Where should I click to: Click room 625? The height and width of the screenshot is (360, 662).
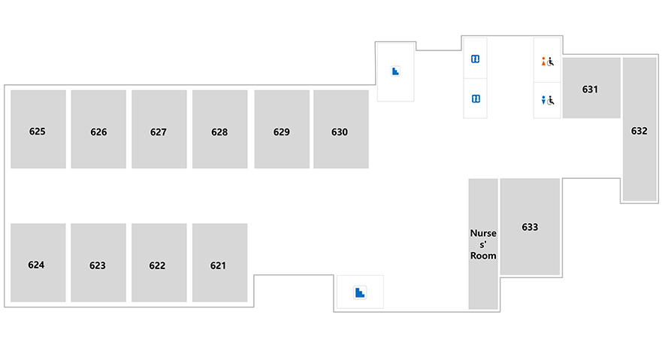click(38, 129)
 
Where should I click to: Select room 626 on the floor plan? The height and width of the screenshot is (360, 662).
click(98, 129)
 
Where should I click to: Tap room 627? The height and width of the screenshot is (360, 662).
click(159, 129)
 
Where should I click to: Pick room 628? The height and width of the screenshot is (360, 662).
click(220, 129)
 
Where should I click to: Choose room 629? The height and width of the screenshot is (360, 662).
click(282, 129)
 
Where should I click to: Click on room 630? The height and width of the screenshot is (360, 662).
click(341, 129)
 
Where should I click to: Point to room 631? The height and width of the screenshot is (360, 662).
click(591, 88)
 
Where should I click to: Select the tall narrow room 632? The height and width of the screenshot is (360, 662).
click(639, 129)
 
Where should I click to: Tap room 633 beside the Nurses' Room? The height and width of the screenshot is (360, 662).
click(531, 227)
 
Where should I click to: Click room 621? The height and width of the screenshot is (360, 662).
click(220, 263)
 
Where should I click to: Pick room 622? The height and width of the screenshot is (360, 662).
click(159, 263)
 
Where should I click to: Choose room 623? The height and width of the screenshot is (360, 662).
click(98, 263)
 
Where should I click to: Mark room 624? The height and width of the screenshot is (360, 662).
click(38, 263)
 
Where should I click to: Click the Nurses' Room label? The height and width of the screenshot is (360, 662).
click(483, 244)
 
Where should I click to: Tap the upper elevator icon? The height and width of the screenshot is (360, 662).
click(476, 59)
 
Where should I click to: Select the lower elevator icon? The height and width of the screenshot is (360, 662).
click(476, 98)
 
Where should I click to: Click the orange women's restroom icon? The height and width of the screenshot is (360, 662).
click(543, 62)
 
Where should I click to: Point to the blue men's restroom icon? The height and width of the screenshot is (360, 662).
click(543, 100)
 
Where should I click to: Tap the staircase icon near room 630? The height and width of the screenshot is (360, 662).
click(395, 71)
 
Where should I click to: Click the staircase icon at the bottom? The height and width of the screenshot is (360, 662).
click(360, 292)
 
